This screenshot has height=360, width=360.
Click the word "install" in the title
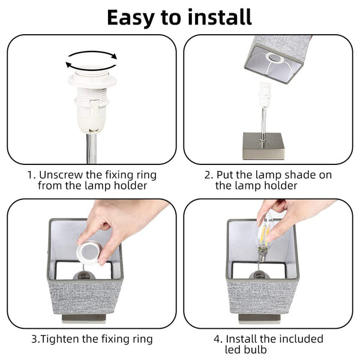tap(220, 17)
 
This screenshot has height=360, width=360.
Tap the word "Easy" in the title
tap(130, 19)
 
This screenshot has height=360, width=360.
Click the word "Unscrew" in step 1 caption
tap(61, 175)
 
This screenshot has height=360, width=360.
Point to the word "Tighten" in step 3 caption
tap(60, 339)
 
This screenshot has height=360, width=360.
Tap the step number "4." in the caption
tap(218, 339)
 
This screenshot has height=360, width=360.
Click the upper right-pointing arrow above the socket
tap(93, 55)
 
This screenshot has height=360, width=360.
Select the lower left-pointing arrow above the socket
tap(91, 67)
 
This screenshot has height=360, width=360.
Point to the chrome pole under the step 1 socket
tap(91, 148)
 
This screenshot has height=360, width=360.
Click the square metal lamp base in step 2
tap(263, 146)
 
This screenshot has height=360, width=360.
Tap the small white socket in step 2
tap(265, 95)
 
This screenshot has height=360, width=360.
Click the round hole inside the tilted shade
tap(275, 57)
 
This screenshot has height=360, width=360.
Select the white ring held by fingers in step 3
tap(89, 253)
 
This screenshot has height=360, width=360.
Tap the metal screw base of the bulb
tap(262, 256)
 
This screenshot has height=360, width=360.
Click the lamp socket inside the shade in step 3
tap(84, 275)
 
